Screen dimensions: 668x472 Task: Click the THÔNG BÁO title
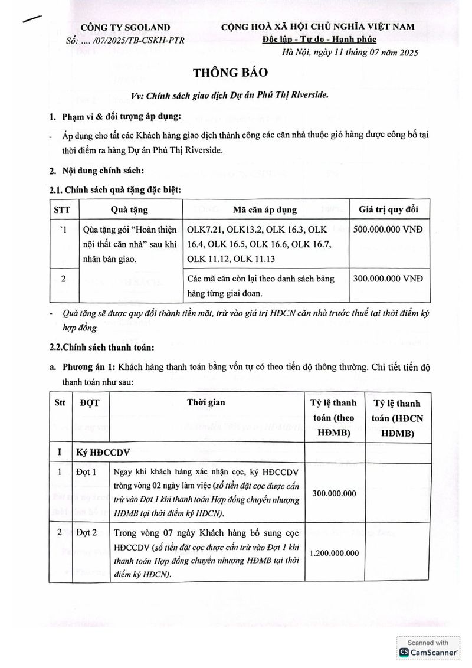[x=231, y=73]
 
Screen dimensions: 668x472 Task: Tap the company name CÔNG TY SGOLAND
[x=125, y=27]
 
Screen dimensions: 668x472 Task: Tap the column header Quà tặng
[x=129, y=210]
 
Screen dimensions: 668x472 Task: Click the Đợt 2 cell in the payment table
[x=87, y=534]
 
